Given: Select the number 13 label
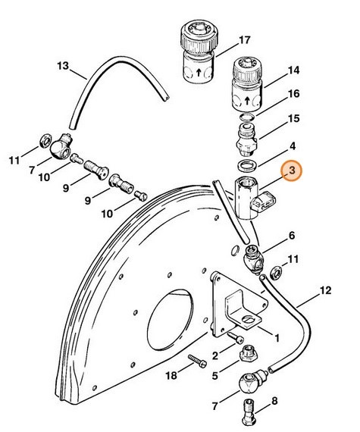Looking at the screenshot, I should (62, 66).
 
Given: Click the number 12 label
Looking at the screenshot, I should (325, 290).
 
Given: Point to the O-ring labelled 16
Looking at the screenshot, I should (245, 117).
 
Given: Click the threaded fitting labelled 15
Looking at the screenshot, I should (247, 138).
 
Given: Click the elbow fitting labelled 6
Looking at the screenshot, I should (253, 261).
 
